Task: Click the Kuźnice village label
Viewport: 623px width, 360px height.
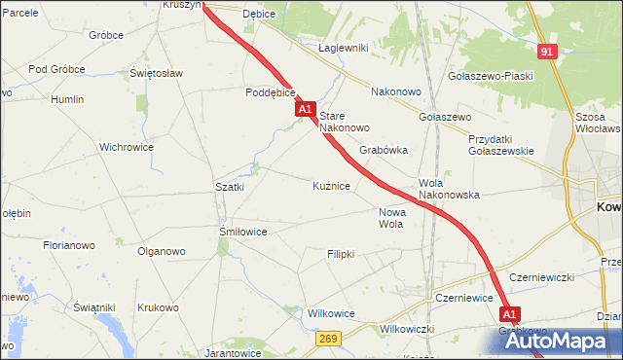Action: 331,185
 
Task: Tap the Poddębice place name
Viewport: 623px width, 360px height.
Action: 270,93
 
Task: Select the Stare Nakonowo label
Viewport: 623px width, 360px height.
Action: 345,121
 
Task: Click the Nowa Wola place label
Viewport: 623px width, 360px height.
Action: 390,218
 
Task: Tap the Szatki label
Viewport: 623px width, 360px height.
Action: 230,186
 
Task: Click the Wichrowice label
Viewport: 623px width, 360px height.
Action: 127,148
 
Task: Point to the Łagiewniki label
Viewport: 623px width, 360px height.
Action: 343,48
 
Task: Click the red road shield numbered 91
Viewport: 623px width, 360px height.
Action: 548,52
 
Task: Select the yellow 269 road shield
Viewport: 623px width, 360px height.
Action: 327,338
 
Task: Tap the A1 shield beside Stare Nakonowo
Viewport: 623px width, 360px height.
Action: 306,110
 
